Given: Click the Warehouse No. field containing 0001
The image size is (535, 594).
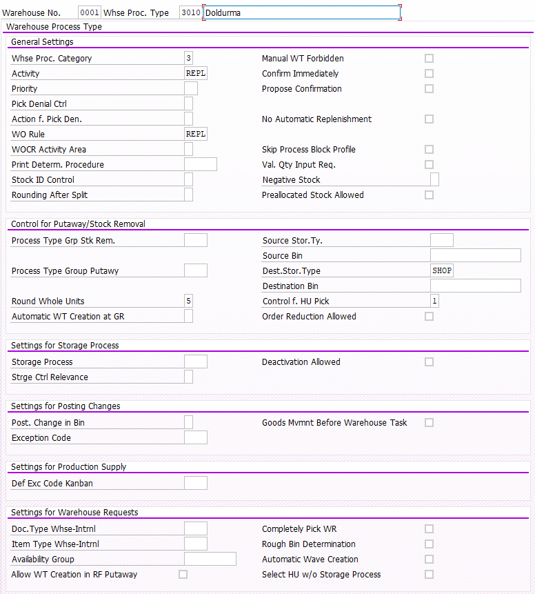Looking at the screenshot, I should pyautogui.click(x=90, y=12).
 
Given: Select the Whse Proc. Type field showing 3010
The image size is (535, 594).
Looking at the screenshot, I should pyautogui.click(x=190, y=12).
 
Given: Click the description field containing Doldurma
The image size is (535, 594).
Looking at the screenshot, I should pyautogui.click(x=301, y=12).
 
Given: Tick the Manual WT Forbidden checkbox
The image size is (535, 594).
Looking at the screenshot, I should pyautogui.click(x=429, y=59).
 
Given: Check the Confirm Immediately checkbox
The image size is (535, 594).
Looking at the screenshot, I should pyautogui.click(x=429, y=74).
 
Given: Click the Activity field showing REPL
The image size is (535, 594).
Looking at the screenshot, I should pyautogui.click(x=196, y=74).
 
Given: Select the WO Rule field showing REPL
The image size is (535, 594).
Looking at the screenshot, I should pyautogui.click(x=196, y=135).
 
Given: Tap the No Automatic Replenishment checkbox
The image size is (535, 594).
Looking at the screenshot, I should pyautogui.click(x=429, y=119).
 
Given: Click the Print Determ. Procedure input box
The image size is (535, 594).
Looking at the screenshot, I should pyautogui.click(x=200, y=165).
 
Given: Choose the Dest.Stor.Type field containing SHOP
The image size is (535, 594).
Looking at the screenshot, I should pyautogui.click(x=442, y=271).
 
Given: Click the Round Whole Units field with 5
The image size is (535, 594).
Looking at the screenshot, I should pyautogui.click(x=189, y=301).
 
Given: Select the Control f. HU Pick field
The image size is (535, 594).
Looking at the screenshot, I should pyautogui.click(x=434, y=301).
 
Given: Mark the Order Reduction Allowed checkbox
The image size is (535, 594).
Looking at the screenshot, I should pyautogui.click(x=429, y=317).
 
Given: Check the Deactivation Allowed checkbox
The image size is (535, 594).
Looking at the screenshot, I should pyautogui.click(x=429, y=362).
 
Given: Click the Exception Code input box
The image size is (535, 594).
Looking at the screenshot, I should pyautogui.click(x=196, y=438).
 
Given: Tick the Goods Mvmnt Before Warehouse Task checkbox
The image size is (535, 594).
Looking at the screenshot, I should pyautogui.click(x=429, y=423).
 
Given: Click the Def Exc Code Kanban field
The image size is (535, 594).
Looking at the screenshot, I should pyautogui.click(x=196, y=484).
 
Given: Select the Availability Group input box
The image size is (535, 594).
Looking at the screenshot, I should pyautogui.click(x=210, y=560).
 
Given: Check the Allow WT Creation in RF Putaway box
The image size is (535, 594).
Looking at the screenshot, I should pyautogui.click(x=183, y=575).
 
